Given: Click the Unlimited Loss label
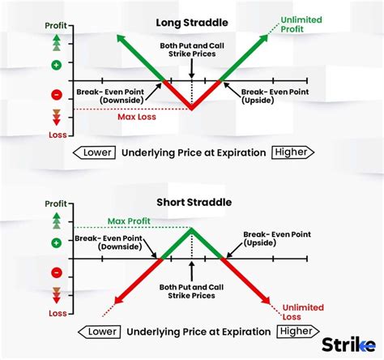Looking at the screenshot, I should [x=303, y=312].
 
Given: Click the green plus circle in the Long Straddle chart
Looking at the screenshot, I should [x=56, y=63].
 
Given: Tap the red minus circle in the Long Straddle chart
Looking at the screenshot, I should [x=56, y=95].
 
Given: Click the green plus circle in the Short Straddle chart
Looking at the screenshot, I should [x=56, y=242].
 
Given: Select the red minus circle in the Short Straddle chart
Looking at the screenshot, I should [x=56, y=273].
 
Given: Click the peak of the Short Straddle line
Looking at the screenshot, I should [x=191, y=228].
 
